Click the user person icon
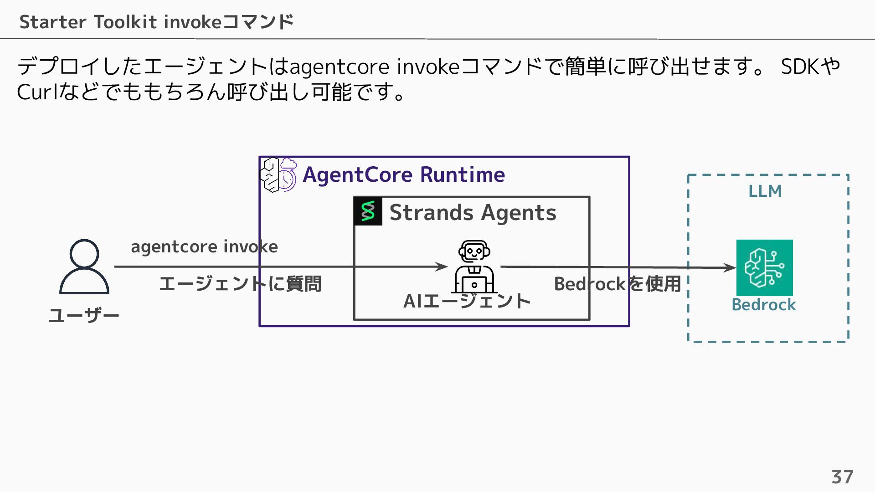point(84,267)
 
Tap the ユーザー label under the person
point(84,315)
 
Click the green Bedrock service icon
point(764,267)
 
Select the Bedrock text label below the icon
point(763,305)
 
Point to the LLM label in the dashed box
point(765,191)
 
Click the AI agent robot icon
point(474,267)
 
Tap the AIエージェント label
point(467,301)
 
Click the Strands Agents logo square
point(368,211)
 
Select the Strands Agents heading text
point(473,213)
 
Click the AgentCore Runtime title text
point(404,174)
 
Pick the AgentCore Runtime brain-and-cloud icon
point(278,174)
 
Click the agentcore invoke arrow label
point(204,246)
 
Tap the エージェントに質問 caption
point(240,284)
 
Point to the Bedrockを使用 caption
point(617,284)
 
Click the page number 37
point(842,477)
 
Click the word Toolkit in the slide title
point(125,22)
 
